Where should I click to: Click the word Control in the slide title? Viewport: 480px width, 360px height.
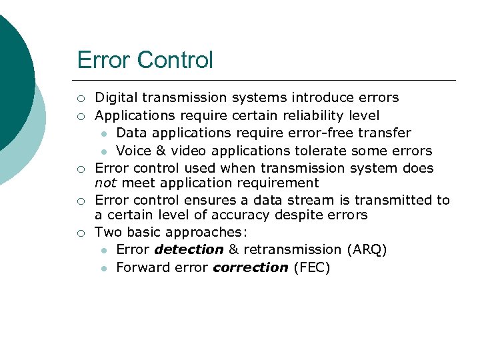click(x=175, y=60)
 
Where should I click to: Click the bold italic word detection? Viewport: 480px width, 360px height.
click(x=189, y=249)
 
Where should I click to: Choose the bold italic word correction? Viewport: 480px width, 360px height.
click(x=251, y=267)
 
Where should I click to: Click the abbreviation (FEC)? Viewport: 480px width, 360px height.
click(x=311, y=267)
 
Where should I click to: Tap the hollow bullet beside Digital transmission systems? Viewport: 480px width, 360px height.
click(x=80, y=99)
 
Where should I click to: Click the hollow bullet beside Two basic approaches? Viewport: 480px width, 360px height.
click(x=80, y=233)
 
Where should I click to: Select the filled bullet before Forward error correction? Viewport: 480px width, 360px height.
click(x=104, y=268)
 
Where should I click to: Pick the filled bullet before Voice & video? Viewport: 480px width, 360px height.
click(x=104, y=151)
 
